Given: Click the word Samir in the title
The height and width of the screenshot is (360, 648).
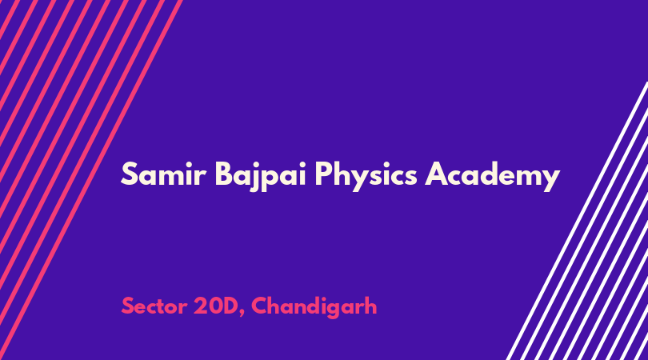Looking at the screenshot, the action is pos(163,174).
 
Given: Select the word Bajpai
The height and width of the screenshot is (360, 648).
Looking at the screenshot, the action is pos(260,177).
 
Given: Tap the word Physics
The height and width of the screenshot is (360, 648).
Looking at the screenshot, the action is pos(366,177).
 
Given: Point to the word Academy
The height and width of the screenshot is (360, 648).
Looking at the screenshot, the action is pos(492,177).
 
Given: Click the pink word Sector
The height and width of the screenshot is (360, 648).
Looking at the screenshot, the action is pos(154,306).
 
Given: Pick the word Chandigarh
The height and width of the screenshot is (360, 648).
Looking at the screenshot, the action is pos(314,307).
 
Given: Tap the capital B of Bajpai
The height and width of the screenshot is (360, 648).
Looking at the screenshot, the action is pos(223,174).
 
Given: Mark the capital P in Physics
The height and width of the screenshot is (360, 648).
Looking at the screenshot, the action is pos(323,174).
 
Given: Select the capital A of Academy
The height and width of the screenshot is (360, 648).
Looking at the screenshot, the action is pos(435,174).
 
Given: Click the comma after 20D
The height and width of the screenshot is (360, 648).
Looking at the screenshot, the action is pos(242,314).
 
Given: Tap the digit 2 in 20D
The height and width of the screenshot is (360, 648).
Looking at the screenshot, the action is pos(200,306).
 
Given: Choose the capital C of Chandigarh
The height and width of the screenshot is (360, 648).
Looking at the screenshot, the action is pos(259,306).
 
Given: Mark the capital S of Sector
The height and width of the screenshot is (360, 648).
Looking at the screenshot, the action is pos(128,306).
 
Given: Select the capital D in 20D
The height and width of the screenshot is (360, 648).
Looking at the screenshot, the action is pos(230,306).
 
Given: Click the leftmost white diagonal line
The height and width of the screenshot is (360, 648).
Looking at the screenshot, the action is pos(577,221).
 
